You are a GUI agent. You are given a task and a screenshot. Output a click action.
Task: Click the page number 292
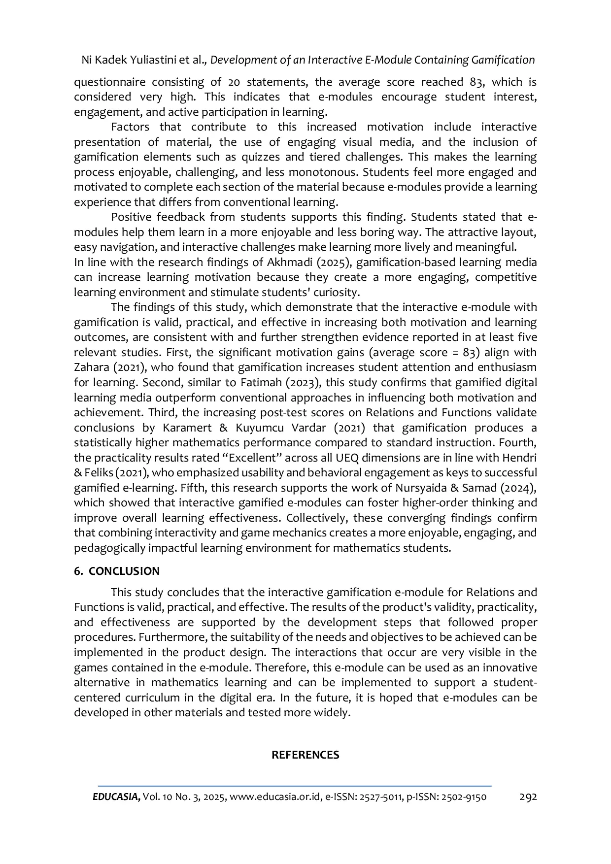528,797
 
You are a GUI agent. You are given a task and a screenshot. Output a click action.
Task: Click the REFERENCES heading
305,755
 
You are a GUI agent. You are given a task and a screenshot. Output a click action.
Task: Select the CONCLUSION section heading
124,571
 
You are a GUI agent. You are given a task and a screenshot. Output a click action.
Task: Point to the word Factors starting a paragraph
130,127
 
